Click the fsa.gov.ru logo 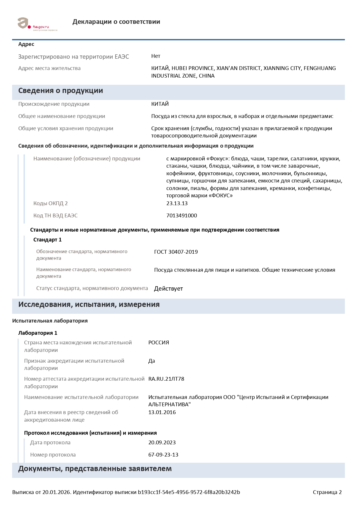point(37,24)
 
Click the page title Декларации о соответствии point(116,22)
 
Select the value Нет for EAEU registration point(156,56)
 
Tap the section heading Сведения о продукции point(60,91)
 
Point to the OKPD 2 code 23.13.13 point(177,203)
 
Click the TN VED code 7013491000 point(181,216)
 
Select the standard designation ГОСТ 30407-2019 point(176,252)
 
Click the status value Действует point(168,289)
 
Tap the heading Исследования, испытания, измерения point(89,305)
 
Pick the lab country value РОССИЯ point(159,343)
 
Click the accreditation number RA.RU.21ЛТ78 point(166,379)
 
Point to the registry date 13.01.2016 point(162,412)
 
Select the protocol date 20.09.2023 point(162,443)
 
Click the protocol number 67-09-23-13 point(163,455)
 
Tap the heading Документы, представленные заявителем point(95,469)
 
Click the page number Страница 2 point(327,492)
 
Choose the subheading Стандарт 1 point(47,240)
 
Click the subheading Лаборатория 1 point(38,333)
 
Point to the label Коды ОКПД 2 point(51,203)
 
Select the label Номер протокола point(53,455)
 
